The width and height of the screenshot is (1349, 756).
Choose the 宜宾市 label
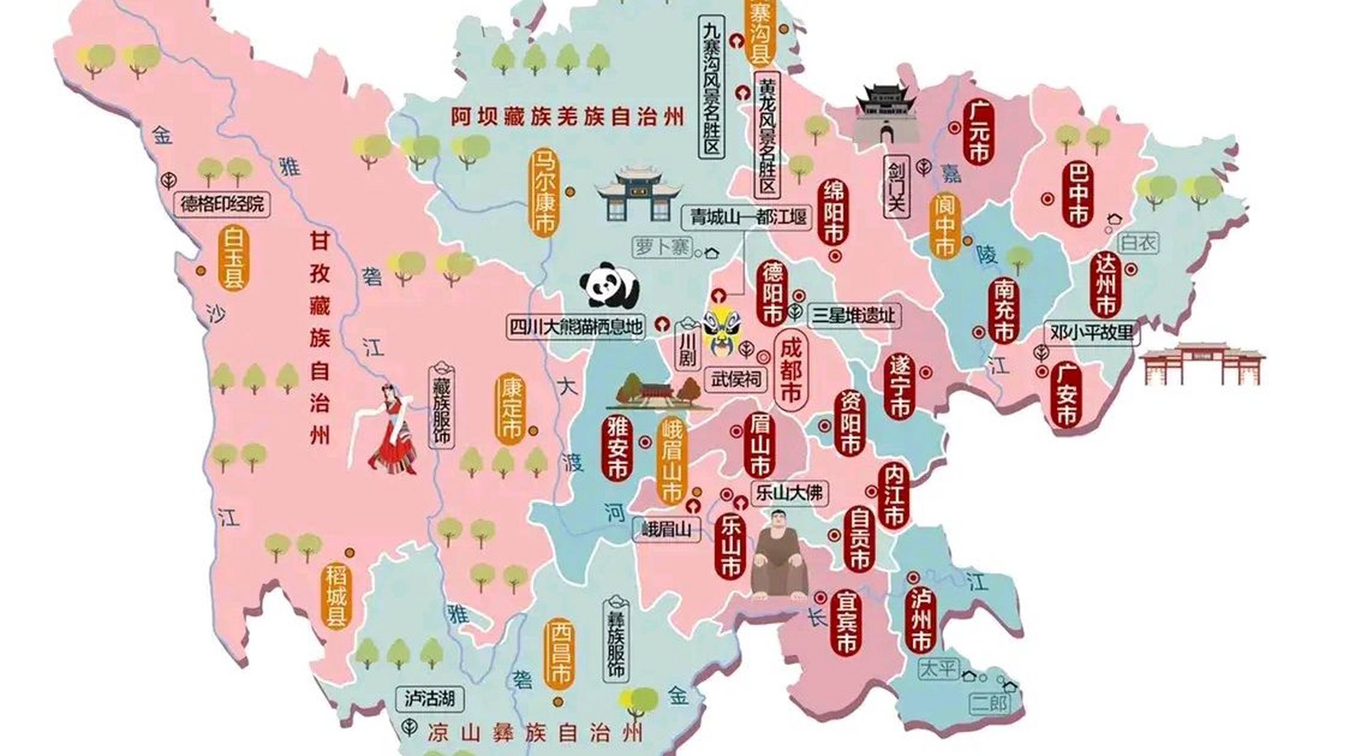point(845,623)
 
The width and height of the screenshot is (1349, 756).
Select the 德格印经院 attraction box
point(222,204)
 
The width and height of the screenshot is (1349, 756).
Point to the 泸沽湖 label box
point(429,699)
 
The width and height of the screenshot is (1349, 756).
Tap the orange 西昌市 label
point(557,653)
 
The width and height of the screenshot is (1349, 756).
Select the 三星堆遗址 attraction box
point(854,315)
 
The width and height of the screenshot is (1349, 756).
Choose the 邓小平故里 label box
point(1092,333)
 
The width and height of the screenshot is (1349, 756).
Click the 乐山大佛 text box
point(789,492)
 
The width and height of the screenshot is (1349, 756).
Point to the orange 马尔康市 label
point(543,193)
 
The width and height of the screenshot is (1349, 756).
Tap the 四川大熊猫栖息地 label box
point(576,327)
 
